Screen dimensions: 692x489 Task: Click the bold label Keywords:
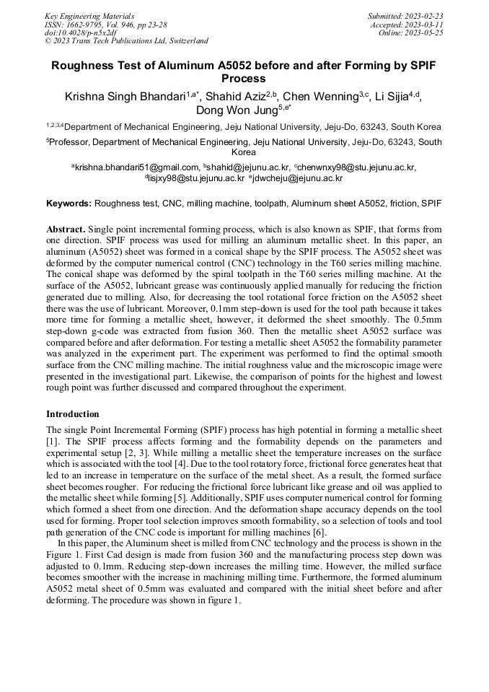click(69, 204)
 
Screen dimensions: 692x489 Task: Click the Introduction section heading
click(73, 413)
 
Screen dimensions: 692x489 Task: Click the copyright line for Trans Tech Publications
click(126, 41)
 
